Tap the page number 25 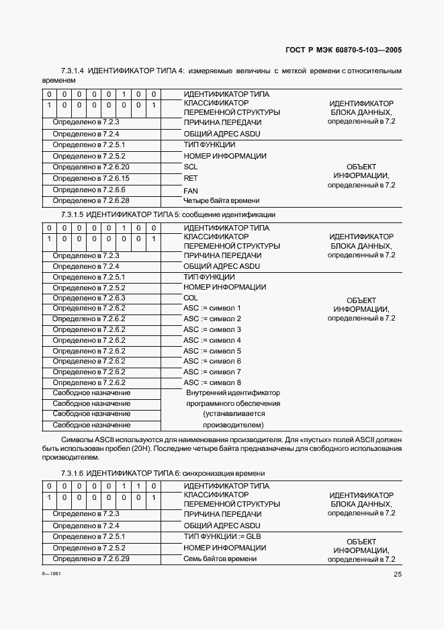[397, 574]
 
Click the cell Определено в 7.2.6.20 [91, 167]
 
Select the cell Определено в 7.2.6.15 [91, 178]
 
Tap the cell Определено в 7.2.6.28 [91, 200]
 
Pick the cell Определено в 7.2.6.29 [91, 558]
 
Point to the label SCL [190, 167]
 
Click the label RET [190, 178]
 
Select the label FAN [190, 190]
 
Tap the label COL [190, 298]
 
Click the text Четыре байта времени [221, 200]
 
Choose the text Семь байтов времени [220, 558]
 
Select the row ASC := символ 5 [212, 351]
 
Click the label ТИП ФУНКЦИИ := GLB [222, 536]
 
